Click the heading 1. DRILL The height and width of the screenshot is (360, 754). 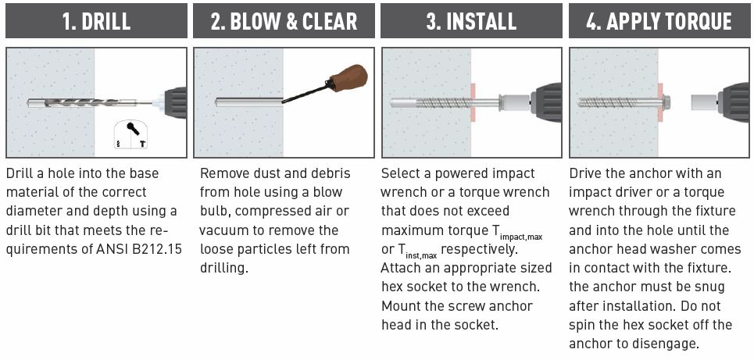(x=96, y=21)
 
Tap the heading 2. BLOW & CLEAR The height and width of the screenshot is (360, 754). (x=284, y=21)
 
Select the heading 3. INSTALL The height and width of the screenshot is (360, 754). (x=471, y=21)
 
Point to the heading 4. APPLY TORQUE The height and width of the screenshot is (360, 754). (x=659, y=21)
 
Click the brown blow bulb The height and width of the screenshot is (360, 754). (x=349, y=77)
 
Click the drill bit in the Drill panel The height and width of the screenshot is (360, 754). (x=91, y=103)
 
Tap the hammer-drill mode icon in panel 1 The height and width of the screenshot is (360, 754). (x=130, y=134)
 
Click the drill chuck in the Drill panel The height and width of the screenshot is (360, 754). (x=174, y=102)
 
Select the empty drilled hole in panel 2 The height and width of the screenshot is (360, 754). (x=248, y=102)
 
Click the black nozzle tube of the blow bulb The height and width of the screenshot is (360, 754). (x=306, y=94)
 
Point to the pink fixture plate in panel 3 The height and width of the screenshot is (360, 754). (x=473, y=102)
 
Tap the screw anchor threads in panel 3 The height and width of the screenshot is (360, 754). (x=443, y=103)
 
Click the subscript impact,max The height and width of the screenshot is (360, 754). (x=521, y=237)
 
